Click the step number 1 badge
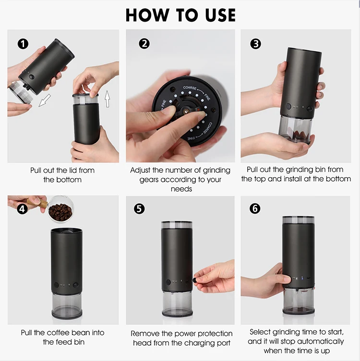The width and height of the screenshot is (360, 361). click(x=23, y=44)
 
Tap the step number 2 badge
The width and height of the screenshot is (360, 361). click(x=144, y=44)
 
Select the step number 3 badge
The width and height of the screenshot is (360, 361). click(x=255, y=44)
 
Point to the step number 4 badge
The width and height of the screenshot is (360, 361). click(x=23, y=209)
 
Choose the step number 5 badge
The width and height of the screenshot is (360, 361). click(x=139, y=209)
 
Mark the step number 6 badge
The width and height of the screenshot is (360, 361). click(x=255, y=209)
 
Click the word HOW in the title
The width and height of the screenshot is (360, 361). click(x=147, y=15)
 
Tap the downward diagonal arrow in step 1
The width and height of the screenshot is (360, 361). click(x=45, y=100)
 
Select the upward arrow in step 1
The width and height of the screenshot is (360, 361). click(x=107, y=99)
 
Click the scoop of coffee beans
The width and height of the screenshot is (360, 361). click(x=60, y=209)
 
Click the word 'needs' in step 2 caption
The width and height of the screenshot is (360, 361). click(x=181, y=189)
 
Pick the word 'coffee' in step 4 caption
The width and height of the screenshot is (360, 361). click(x=55, y=333)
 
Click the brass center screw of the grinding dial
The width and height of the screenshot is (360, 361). click(x=185, y=111)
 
